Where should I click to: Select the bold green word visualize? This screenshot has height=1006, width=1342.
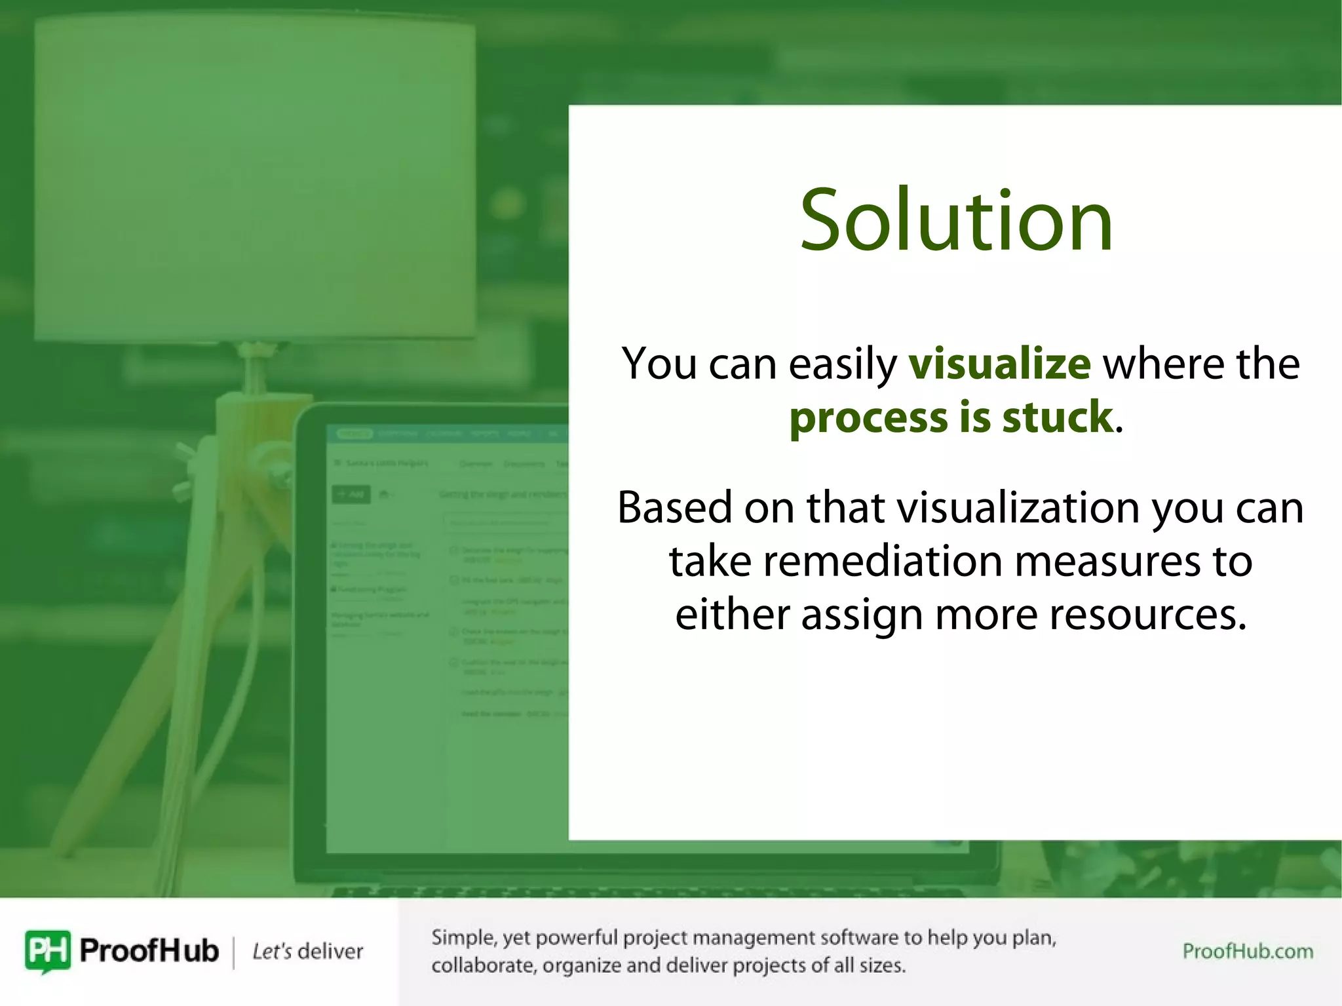tap(999, 364)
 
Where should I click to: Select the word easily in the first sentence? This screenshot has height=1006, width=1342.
tap(842, 365)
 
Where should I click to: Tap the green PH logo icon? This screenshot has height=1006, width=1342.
tap(47, 950)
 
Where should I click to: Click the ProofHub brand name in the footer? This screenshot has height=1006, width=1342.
tap(149, 950)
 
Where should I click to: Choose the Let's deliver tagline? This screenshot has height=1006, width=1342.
tap(307, 951)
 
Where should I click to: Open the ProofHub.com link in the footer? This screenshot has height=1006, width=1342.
tap(1247, 951)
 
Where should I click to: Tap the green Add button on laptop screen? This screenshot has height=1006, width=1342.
tap(351, 494)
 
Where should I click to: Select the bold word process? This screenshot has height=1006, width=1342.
tap(868, 418)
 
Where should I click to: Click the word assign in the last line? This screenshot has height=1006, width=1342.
tap(861, 615)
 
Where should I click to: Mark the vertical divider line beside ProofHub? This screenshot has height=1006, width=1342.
tap(234, 952)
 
